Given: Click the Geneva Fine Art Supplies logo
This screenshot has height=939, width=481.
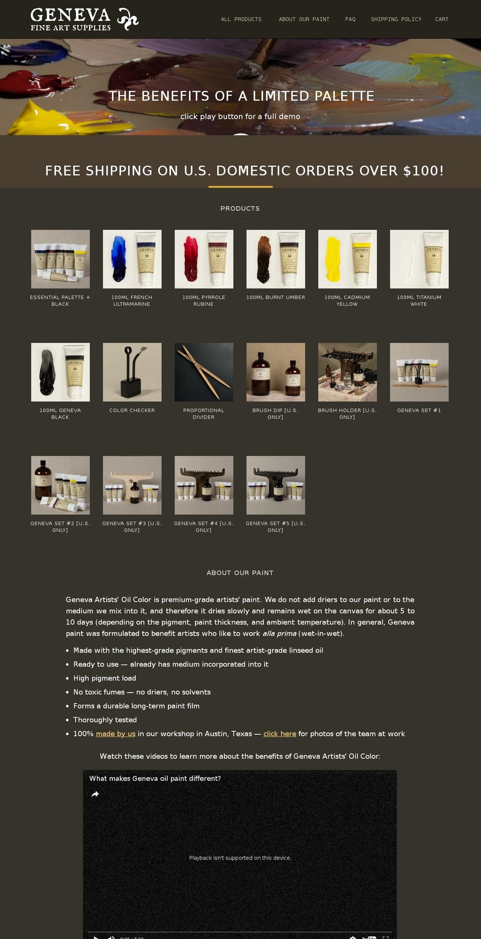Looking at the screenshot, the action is point(84,20).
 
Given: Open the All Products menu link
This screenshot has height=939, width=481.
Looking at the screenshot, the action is point(241,20).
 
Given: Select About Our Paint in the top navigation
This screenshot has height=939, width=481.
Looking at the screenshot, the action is point(304,20).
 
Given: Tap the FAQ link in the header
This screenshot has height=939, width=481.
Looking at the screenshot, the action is point(350,20).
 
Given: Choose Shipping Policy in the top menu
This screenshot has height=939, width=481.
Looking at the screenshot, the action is point(396,20).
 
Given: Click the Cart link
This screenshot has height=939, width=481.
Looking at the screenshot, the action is point(441,20).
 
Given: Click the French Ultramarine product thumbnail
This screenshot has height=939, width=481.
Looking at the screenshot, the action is point(132,259).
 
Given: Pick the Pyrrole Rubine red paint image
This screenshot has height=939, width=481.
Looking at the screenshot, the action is point(204,259).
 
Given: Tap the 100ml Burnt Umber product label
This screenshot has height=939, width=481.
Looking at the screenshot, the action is point(276,297).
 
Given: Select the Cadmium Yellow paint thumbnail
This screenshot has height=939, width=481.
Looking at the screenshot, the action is point(347,259).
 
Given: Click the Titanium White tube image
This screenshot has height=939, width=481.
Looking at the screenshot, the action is point(419,259).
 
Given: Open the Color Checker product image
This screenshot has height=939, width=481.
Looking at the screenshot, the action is point(132,372).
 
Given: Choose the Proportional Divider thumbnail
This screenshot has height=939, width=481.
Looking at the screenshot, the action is point(204,372).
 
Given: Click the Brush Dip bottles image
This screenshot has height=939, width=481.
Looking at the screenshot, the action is point(276,372).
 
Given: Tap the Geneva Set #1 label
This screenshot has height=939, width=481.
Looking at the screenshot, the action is point(419,411).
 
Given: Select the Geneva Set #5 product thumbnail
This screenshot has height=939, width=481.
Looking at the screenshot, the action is point(276,485).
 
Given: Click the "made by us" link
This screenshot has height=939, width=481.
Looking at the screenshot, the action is point(116,734).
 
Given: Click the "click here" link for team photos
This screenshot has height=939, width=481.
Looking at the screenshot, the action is point(280,734).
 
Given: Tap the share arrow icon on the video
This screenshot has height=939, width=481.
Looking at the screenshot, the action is point(95,794).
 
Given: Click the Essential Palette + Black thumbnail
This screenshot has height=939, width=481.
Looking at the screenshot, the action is point(61,259).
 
